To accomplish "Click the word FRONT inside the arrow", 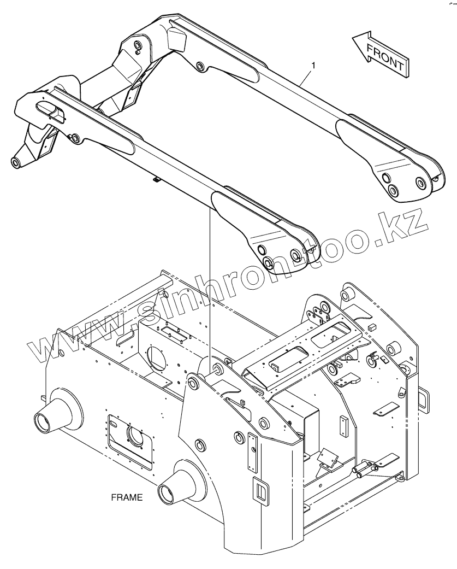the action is [385, 56].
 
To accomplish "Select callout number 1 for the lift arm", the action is [313, 66].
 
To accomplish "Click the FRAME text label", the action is [127, 497].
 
